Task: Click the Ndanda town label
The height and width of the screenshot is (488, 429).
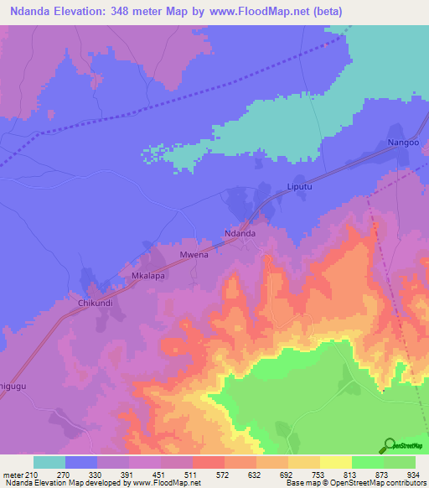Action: [x=240, y=233]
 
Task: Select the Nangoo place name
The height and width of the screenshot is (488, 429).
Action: [x=403, y=143]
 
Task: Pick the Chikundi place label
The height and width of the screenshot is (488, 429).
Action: [x=96, y=302]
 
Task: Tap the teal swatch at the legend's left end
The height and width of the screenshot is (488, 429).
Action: [x=49, y=462]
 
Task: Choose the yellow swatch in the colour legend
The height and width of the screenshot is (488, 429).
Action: [x=336, y=462]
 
